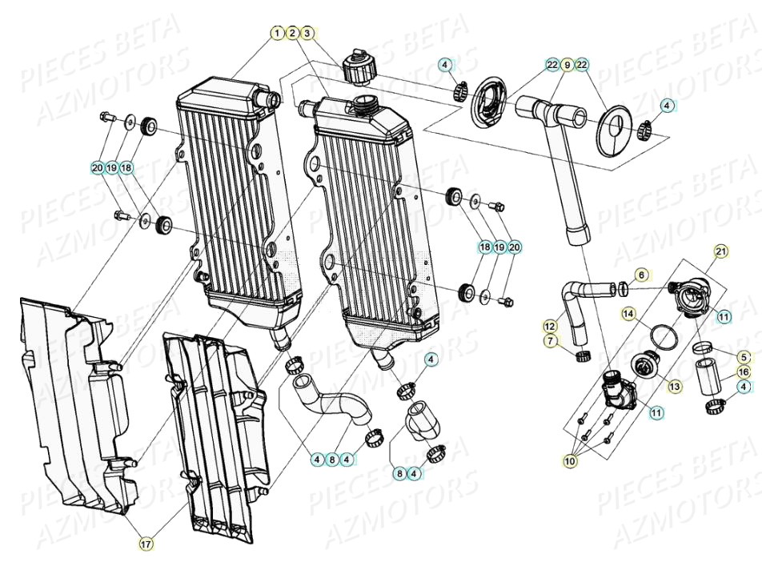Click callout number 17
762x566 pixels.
coord(146,544)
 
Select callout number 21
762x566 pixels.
coord(721,252)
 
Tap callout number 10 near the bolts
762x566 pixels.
coord(570,462)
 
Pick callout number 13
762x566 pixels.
coord(675,386)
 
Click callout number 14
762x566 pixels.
coord(628,313)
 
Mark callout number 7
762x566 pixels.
coord(550,341)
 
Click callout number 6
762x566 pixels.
coord(641,275)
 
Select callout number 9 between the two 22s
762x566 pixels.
coord(567,64)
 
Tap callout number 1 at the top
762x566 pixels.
coord(277,33)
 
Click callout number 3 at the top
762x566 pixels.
coord(307,33)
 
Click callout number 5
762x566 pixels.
coord(744,357)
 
